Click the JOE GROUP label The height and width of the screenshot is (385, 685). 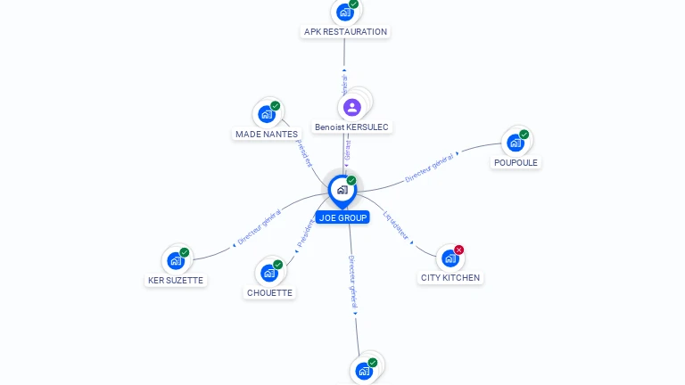(342, 217)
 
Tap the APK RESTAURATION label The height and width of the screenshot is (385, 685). (345, 32)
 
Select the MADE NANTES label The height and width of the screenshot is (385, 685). (267, 135)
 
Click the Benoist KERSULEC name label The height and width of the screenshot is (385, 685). (351, 127)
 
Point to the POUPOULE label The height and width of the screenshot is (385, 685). (516, 163)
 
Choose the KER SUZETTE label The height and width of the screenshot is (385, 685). (176, 281)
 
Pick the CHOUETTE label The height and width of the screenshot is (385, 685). (269, 292)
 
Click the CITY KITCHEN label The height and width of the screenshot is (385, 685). (450, 278)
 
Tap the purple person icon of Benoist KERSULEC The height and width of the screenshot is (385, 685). (352, 107)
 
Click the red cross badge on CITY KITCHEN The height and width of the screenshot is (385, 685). (459, 250)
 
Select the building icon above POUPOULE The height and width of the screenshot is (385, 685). (515, 143)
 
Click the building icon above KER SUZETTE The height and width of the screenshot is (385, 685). (176, 260)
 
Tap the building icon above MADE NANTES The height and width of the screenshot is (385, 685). (266, 114)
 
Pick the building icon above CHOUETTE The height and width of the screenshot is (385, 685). (268, 273)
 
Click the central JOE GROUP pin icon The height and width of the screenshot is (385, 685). (342, 189)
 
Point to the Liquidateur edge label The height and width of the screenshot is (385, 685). (396, 225)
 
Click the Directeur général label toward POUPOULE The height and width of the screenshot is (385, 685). (429, 168)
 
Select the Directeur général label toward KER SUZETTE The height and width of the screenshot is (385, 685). (260, 226)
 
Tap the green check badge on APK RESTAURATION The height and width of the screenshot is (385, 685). (354, 4)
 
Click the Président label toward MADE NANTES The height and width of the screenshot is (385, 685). (304, 152)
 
